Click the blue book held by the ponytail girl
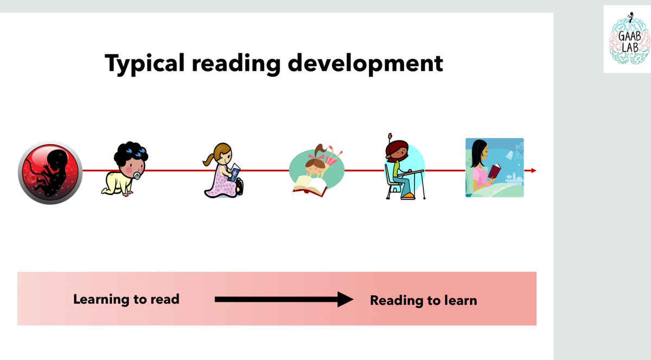[x=234, y=173]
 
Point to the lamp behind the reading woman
[x=510, y=156]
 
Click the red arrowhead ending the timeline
[x=533, y=171]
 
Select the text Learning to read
[x=126, y=299]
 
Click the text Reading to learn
[x=423, y=300]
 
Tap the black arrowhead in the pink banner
[x=345, y=299]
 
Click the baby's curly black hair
[x=130, y=155]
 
